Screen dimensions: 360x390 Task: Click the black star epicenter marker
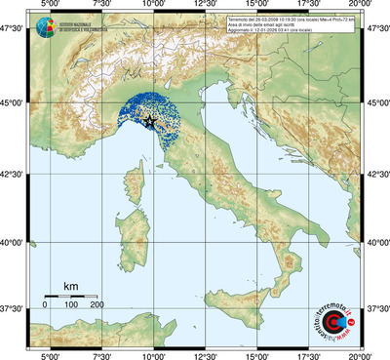(151, 121)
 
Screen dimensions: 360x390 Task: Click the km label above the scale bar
(70, 286)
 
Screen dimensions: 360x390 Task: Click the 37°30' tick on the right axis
(376, 308)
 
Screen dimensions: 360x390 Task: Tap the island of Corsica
(136, 185)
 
